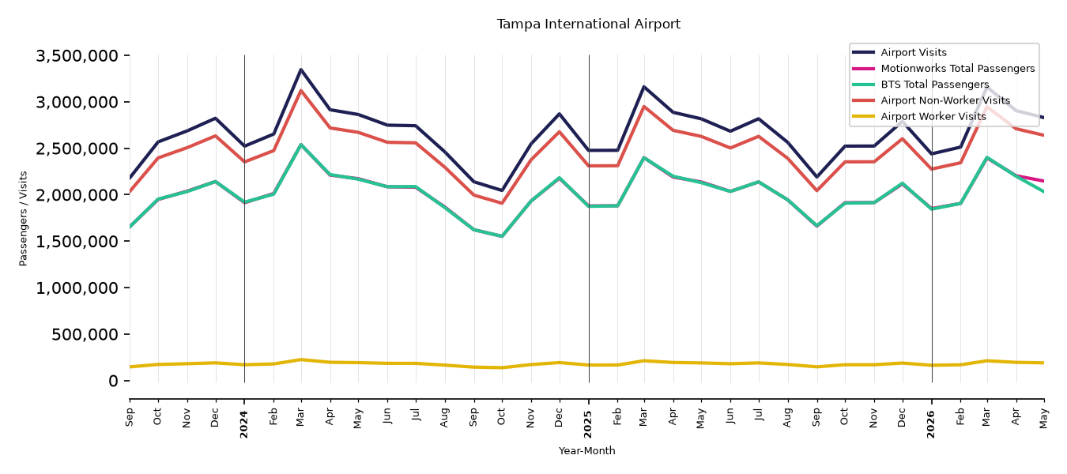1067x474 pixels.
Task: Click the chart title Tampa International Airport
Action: (588, 24)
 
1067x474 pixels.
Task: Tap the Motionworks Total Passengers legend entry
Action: (943, 69)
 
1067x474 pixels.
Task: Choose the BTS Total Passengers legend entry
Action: (920, 85)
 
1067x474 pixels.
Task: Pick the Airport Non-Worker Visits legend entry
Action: (931, 100)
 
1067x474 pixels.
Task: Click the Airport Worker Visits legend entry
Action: (919, 117)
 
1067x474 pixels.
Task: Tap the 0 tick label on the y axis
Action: (113, 381)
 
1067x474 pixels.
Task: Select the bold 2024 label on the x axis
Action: (244, 424)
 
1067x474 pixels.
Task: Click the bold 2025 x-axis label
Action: (588, 424)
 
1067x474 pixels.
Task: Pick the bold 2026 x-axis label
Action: (931, 424)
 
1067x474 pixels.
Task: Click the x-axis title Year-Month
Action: (586, 450)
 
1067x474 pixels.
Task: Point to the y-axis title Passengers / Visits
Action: (24, 219)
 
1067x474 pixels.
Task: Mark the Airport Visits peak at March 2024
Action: (301, 70)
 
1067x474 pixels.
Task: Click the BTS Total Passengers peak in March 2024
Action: (301, 145)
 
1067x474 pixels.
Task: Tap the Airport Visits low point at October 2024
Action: (502, 190)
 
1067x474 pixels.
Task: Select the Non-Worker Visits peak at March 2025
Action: (644, 107)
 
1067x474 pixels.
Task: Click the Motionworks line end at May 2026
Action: (1043, 181)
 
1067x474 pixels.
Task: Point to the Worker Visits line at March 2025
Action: (644, 361)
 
